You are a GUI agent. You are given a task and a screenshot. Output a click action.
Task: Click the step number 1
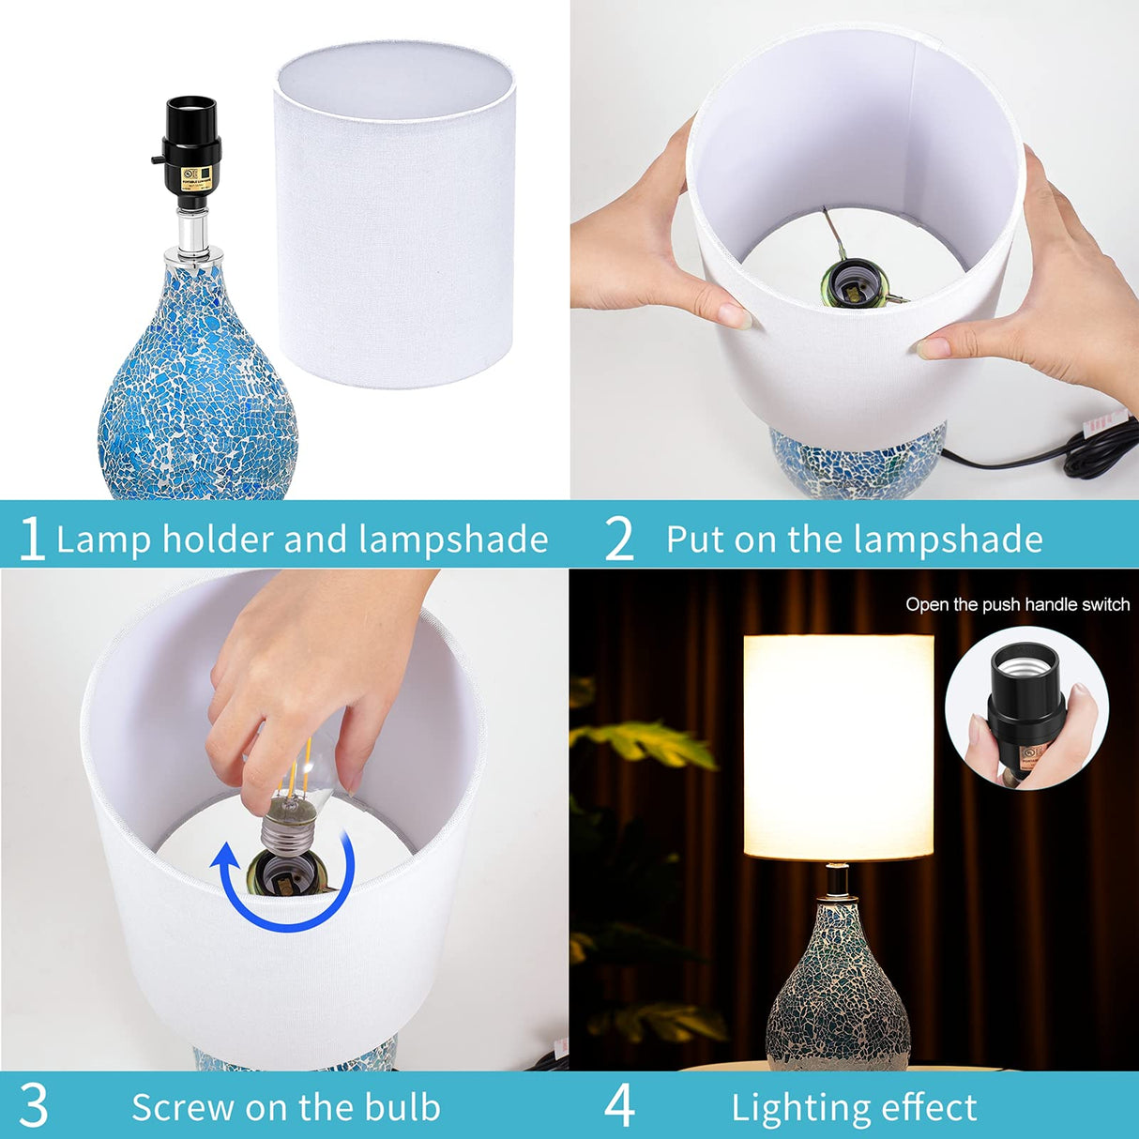coord(32,539)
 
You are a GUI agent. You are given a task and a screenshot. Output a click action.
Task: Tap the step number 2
coord(619,539)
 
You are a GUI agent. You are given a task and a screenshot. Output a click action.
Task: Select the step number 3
coord(33,1106)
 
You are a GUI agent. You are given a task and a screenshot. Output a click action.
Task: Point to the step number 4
coord(619,1106)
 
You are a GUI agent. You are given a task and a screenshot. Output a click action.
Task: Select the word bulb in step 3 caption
coord(402,1107)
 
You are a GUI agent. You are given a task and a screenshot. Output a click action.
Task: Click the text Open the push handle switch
coord(1017,605)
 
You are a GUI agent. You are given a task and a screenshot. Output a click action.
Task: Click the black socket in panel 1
coord(191,150)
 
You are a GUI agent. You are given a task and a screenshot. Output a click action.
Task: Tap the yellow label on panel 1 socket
coord(193,178)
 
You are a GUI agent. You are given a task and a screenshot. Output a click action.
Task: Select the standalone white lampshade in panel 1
coord(395,216)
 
